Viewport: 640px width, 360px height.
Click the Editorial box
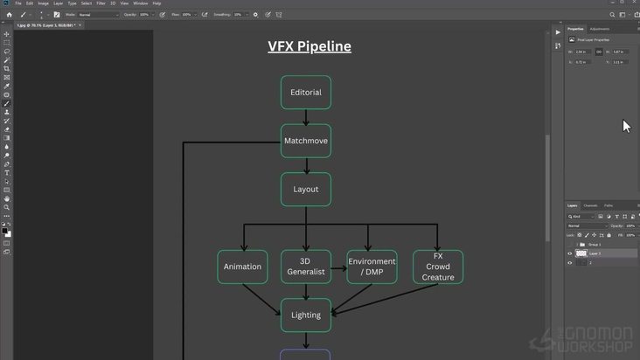(306, 93)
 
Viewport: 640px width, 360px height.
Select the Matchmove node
(306, 141)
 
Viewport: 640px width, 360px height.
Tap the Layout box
(306, 190)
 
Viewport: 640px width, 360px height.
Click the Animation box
(242, 267)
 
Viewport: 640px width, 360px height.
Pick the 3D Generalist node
(306, 267)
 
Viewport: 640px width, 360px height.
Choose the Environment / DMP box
(372, 267)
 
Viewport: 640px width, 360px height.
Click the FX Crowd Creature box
(438, 267)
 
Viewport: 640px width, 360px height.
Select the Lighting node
(306, 315)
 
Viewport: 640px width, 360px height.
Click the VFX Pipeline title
(310, 46)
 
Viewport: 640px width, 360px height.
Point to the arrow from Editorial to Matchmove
(306, 117)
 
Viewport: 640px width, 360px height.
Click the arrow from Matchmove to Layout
(306, 165)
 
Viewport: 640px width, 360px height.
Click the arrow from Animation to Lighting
(262, 300)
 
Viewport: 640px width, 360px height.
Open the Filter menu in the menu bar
(101, 3)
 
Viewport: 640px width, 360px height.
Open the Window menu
(140, 3)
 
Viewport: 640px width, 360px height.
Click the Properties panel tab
(575, 29)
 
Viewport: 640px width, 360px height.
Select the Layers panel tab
(573, 205)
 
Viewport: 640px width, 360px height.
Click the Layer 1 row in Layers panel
(595, 253)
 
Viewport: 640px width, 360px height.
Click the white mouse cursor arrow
(626, 126)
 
